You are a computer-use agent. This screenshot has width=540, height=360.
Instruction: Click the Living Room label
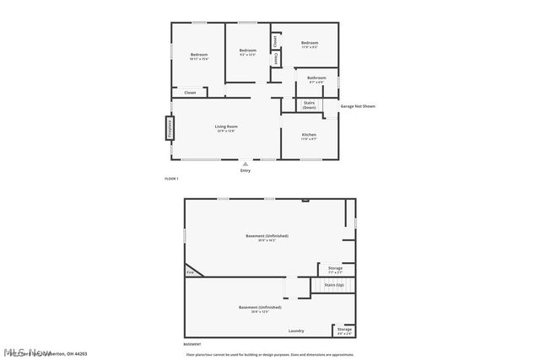click(x=226, y=127)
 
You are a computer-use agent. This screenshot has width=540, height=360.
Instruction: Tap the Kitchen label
click(x=309, y=137)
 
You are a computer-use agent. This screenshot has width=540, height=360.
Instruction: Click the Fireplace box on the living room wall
click(x=170, y=128)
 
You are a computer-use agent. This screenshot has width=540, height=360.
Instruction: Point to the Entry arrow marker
click(x=246, y=164)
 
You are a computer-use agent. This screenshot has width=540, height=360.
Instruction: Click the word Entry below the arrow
click(x=246, y=171)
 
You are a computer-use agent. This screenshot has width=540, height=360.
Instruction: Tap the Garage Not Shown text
click(x=358, y=106)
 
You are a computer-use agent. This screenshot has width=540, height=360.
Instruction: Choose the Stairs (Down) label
click(x=309, y=105)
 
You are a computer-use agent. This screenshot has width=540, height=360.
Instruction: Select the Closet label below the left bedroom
click(x=190, y=92)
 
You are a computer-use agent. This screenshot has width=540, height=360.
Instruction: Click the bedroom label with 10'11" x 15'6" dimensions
click(x=198, y=56)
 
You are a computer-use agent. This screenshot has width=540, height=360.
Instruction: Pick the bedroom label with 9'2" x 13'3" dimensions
click(x=247, y=52)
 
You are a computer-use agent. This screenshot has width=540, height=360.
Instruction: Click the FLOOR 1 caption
click(x=171, y=179)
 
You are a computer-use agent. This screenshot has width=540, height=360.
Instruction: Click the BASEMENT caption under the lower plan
click(x=192, y=345)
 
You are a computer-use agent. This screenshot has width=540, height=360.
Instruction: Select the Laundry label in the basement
click(x=296, y=330)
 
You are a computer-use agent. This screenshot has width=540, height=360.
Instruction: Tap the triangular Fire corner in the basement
click(x=190, y=272)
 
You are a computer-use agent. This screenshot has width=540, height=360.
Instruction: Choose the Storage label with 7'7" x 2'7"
click(x=335, y=270)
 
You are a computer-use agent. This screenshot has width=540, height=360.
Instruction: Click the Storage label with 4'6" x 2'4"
click(x=344, y=330)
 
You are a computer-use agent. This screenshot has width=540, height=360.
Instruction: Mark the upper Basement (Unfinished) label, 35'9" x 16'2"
click(x=267, y=237)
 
